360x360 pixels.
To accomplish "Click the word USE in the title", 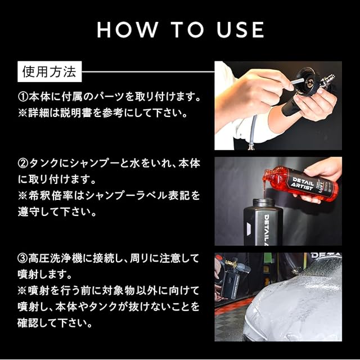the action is [240, 30].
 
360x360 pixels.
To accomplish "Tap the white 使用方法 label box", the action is [49, 71].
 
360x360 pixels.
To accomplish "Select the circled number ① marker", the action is [22, 97].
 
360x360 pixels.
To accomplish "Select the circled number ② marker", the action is [22, 164].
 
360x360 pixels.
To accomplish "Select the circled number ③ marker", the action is [22, 259].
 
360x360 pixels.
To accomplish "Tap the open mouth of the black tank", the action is [264, 200].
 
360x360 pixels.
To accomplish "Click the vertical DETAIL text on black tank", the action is [267, 229].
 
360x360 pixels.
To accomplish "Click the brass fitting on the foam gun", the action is [231, 263].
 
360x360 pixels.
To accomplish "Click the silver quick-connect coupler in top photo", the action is [327, 80].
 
